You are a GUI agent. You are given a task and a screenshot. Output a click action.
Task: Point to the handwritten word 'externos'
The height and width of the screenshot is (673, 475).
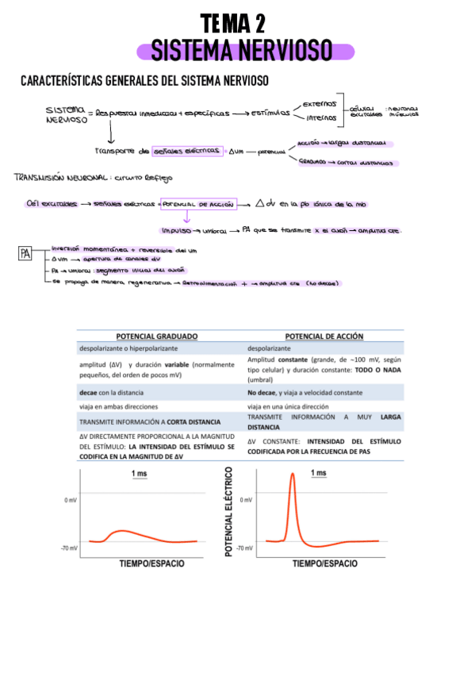pyautogui.click(x=320, y=103)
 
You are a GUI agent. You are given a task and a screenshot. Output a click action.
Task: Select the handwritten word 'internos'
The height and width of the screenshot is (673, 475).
pyautogui.click(x=320, y=119)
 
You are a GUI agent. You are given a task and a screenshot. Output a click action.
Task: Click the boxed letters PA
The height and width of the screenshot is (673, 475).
pyautogui.click(x=27, y=255)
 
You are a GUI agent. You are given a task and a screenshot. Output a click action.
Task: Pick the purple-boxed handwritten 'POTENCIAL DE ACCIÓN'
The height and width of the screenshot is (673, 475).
pyautogui.click(x=198, y=204)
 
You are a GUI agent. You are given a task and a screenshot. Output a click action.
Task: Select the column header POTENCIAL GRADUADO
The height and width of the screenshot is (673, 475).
pyautogui.click(x=156, y=336)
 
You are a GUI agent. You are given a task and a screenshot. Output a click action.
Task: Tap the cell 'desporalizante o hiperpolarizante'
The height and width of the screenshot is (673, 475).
pyautogui.click(x=128, y=348)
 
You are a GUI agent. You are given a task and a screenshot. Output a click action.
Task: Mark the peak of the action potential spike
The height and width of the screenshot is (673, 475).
pyautogui.click(x=292, y=475)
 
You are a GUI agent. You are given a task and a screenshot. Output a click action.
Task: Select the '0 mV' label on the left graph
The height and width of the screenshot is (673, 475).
pyautogui.click(x=71, y=501)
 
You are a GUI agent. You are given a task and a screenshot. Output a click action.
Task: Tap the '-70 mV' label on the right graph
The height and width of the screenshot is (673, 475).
pyautogui.click(x=245, y=548)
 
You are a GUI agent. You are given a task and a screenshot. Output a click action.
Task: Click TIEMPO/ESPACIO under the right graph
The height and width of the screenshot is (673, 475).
pyautogui.click(x=324, y=563)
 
